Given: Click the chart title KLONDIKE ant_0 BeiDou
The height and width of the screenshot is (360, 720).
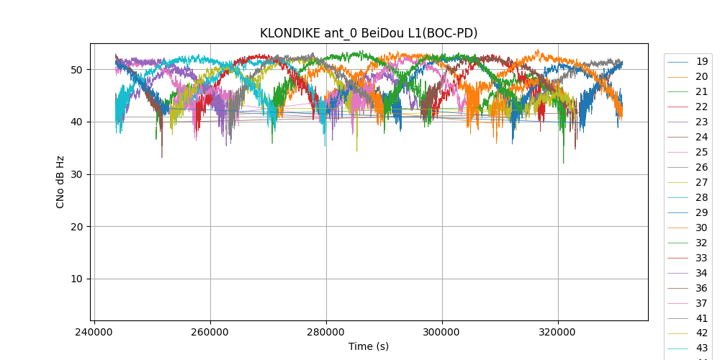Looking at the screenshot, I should (369, 33).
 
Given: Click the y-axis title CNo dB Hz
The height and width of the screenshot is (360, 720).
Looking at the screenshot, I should (60, 182).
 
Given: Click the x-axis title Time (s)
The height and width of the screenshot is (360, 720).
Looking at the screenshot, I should (369, 346).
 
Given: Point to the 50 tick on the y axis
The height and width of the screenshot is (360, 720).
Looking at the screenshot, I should (76, 70).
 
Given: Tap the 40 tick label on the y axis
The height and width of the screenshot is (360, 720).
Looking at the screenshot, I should (76, 122).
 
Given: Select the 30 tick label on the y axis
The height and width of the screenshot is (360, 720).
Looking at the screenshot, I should (76, 174).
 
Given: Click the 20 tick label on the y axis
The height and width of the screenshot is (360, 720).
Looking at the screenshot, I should (76, 227).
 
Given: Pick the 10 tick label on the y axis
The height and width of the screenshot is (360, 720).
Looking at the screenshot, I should (76, 279).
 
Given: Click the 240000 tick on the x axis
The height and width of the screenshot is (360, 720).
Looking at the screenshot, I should (94, 333).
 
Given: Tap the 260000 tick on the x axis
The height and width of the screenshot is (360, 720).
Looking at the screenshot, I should (210, 333).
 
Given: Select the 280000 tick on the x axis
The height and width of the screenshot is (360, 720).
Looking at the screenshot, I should (326, 333).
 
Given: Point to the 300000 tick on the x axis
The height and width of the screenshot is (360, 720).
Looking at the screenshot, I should (442, 333).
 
